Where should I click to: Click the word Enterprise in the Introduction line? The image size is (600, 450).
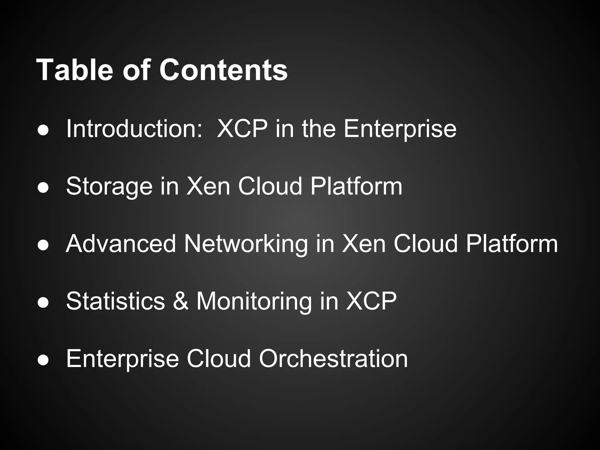tap(400, 129)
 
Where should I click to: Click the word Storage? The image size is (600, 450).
tap(109, 186)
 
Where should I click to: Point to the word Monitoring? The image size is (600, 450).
tap(254, 301)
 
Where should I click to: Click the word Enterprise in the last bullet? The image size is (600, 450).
tap(122, 359)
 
